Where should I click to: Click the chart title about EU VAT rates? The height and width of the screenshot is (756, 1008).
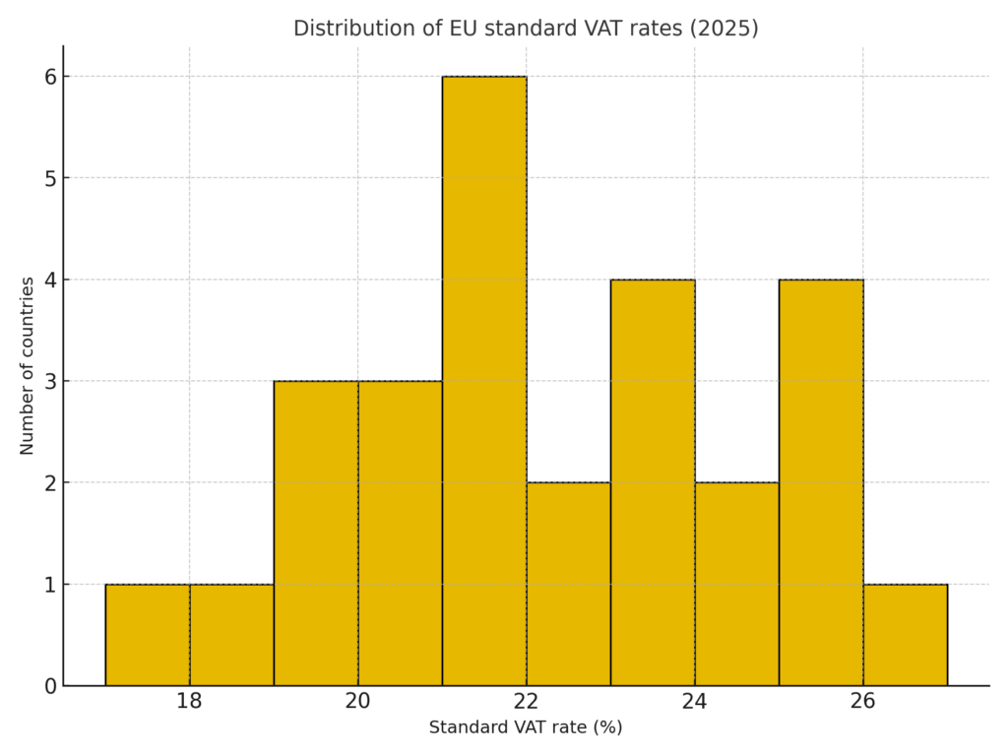point(526,29)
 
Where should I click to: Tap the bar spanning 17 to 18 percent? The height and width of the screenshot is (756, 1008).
point(148,635)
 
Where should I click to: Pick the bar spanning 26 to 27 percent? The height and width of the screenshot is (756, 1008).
point(905,635)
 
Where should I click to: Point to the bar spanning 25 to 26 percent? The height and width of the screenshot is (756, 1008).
point(821,482)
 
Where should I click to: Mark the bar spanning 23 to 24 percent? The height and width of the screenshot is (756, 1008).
point(653,482)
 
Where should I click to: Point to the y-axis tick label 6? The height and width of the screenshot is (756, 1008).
point(50,77)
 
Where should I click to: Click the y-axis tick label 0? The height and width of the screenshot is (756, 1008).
point(50,686)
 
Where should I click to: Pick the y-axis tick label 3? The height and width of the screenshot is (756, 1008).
point(50,381)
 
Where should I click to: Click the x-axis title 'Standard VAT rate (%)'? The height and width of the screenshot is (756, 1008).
point(526,728)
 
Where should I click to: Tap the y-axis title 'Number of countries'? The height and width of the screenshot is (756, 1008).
point(28,365)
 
